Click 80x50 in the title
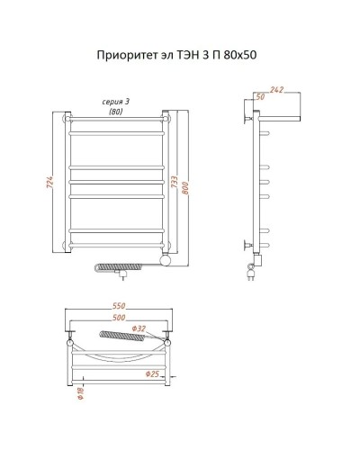244,56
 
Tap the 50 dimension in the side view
261,96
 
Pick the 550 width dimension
117,307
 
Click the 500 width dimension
117,317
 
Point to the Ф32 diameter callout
138,328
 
